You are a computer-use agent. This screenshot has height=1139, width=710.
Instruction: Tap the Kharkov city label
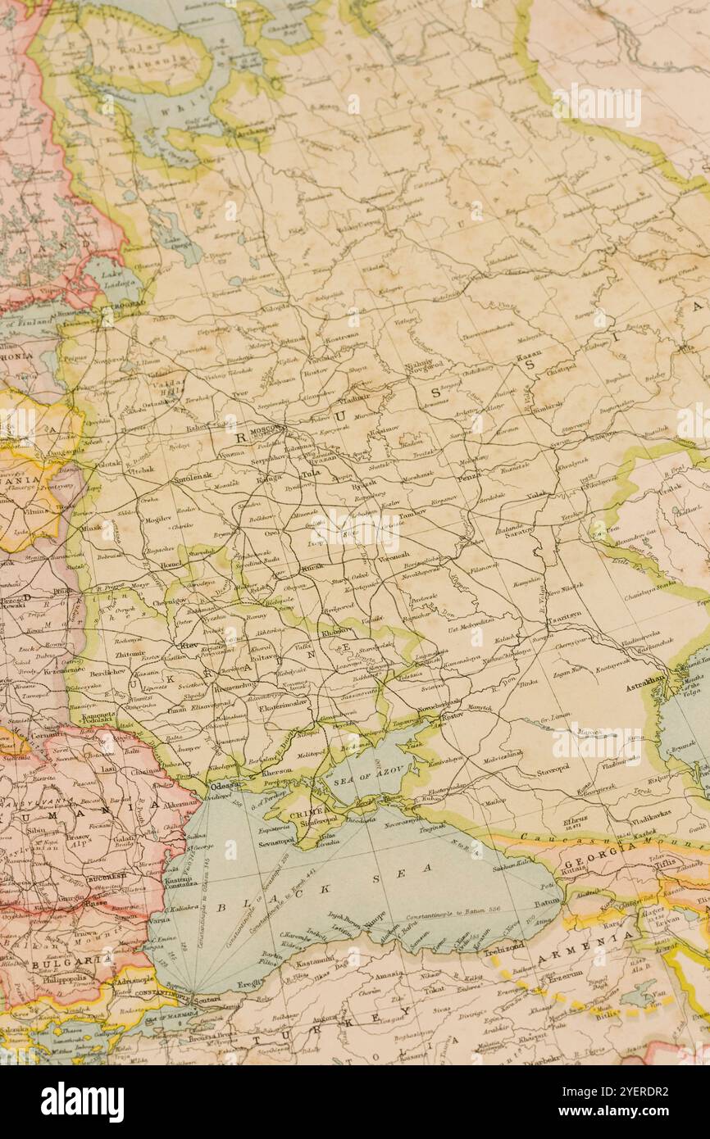(337, 631)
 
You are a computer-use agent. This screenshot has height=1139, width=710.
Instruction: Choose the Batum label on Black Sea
(547, 902)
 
